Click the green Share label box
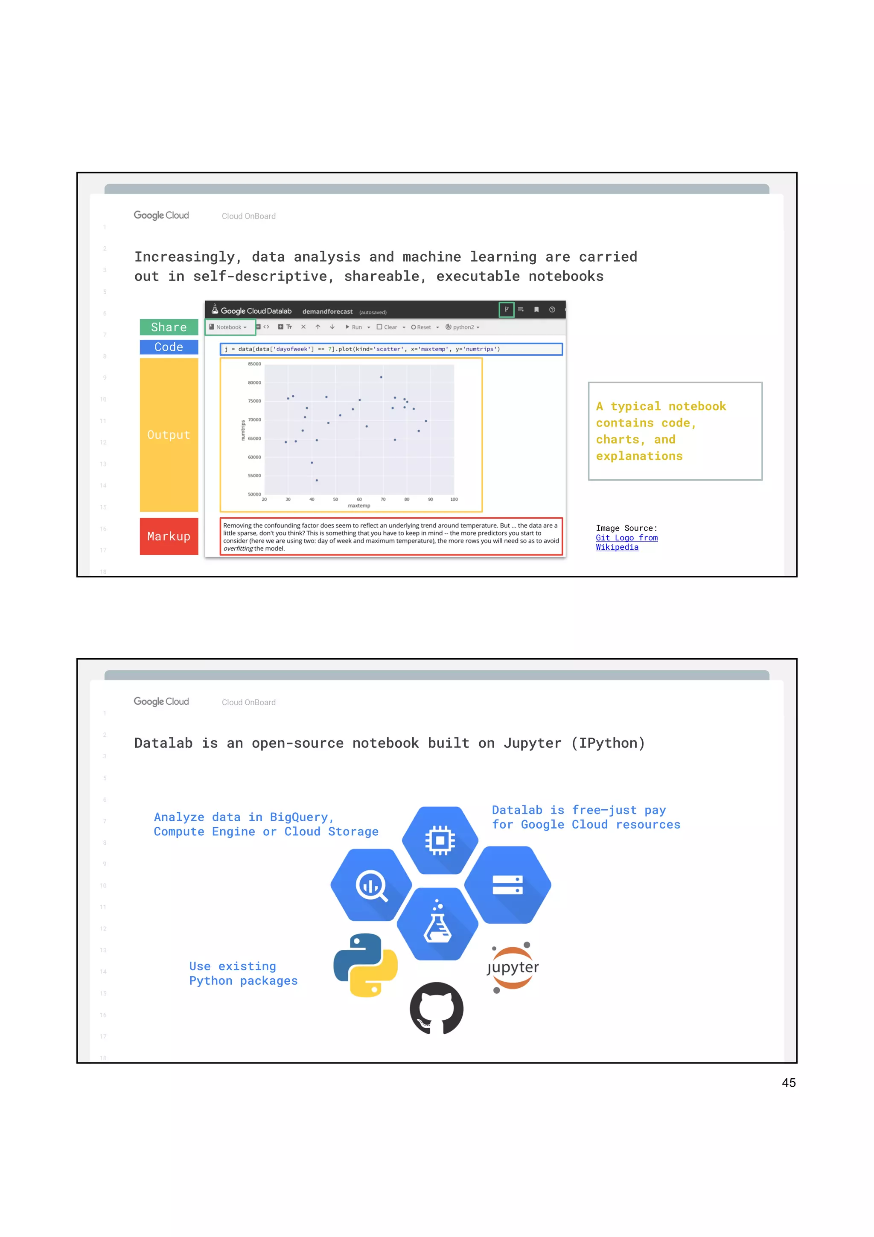169,327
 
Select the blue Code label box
169,347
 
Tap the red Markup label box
169,536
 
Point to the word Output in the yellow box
169,435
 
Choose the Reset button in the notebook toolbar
422,327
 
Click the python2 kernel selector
463,327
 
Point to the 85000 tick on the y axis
254,364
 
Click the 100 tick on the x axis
454,499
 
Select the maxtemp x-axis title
358,506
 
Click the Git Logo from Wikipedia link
626,543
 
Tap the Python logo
366,966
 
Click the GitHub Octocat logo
436,1008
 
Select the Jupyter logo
513,968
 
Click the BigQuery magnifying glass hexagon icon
371,885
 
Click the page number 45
788,1083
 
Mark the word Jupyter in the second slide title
532,744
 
